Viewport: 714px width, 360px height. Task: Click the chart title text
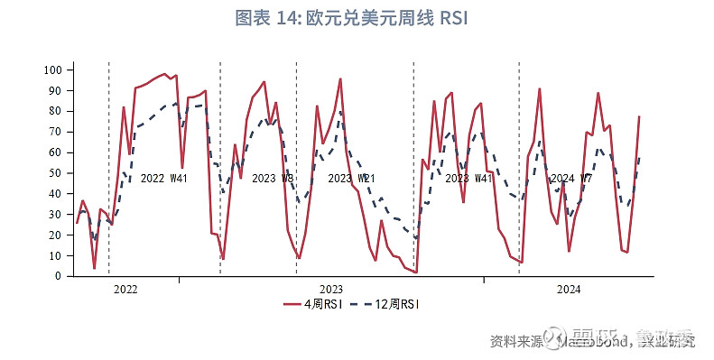[x=357, y=18]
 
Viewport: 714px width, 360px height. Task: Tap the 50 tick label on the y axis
[x=54, y=173]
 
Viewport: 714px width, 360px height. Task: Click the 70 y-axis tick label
[x=54, y=132]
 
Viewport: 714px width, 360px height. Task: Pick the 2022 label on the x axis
[x=125, y=290]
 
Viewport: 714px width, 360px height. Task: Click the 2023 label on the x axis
[x=330, y=290]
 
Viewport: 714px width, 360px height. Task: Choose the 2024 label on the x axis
[x=569, y=290]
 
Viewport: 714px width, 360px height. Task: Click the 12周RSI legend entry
[x=389, y=305]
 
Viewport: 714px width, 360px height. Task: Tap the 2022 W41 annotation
[x=163, y=179]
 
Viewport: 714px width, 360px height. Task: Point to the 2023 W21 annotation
[x=352, y=179]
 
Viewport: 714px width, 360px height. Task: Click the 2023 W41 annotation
[x=469, y=179]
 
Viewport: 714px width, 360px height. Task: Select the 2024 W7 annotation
[x=571, y=179]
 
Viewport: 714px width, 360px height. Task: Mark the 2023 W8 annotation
[x=272, y=179]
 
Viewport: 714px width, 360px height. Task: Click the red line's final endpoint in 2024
[x=639, y=116]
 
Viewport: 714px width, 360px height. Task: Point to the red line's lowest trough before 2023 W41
[x=416, y=272]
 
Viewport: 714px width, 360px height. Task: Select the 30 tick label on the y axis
[x=54, y=215]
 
